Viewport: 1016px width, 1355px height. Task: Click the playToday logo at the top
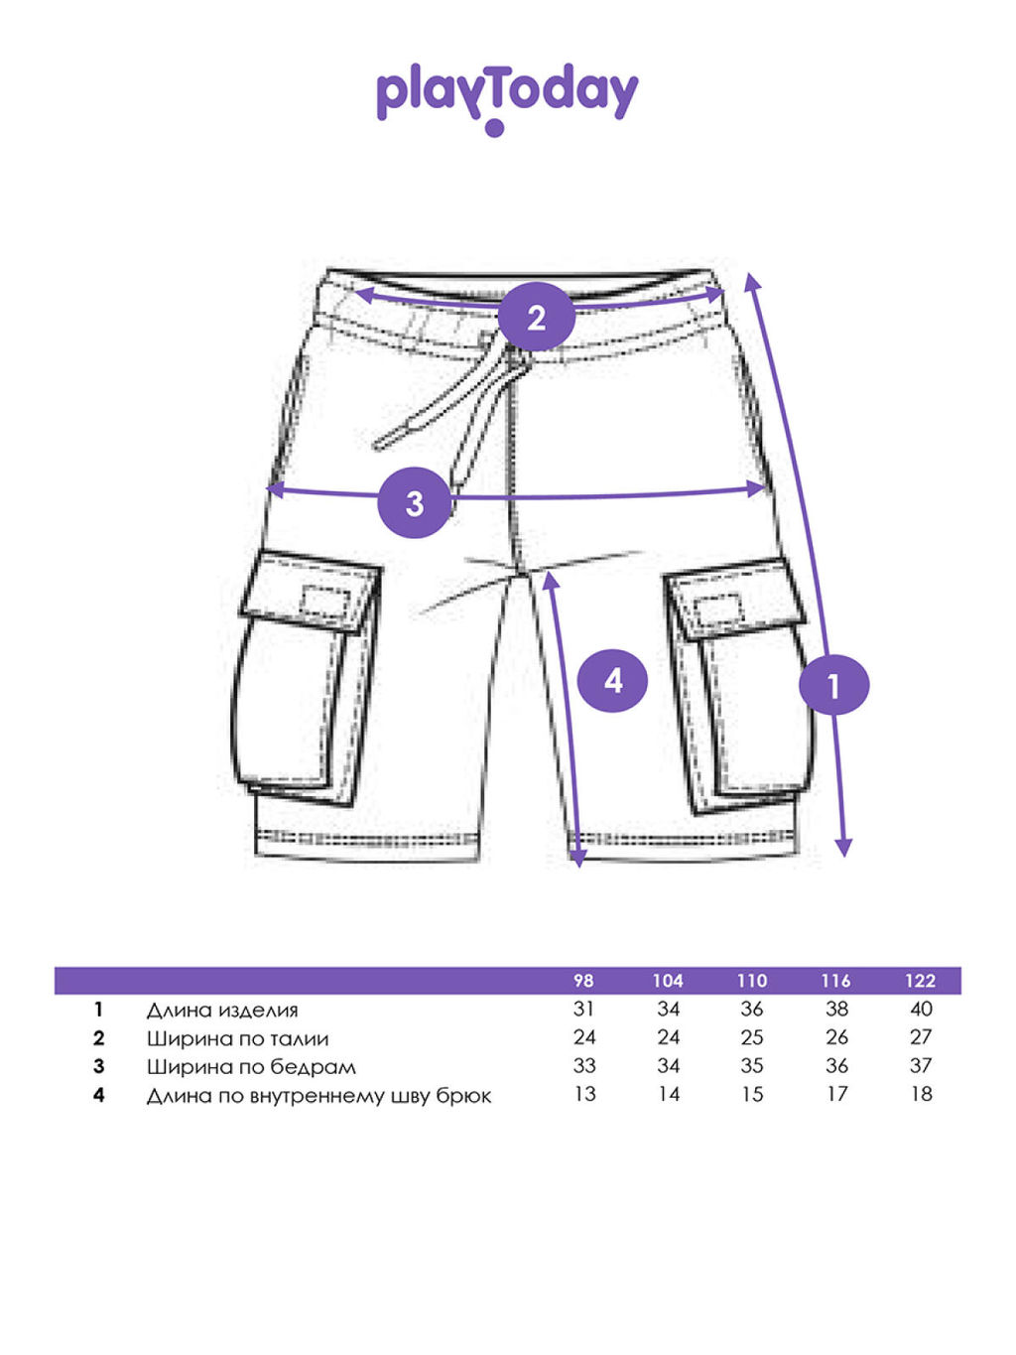pyautogui.click(x=507, y=98)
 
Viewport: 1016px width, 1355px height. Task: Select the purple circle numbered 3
pyautogui.click(x=415, y=502)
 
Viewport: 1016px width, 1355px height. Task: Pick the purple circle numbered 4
pyautogui.click(x=612, y=681)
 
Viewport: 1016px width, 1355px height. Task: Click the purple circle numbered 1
pyautogui.click(x=834, y=685)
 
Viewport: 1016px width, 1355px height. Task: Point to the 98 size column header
pyautogui.click(x=583, y=981)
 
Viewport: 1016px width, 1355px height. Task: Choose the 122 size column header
pyautogui.click(x=921, y=981)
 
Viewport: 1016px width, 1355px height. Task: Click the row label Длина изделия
pyautogui.click(x=222, y=1011)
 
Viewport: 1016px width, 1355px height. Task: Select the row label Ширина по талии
pyautogui.click(x=237, y=1039)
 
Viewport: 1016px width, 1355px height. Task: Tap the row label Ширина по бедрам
pyautogui.click(x=251, y=1067)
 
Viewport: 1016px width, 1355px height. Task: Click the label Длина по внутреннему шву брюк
pyautogui.click(x=318, y=1096)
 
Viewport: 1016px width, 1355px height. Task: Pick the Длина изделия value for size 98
pyautogui.click(x=583, y=1010)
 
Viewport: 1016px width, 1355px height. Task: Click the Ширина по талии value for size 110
pyautogui.click(x=752, y=1037)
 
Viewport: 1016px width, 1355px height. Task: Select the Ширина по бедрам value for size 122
pyautogui.click(x=921, y=1066)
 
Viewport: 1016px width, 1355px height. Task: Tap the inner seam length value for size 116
pyautogui.click(x=836, y=1095)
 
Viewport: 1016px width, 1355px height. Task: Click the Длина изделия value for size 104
pyautogui.click(x=668, y=1010)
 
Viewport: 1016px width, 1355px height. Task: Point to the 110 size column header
pyautogui.click(x=752, y=981)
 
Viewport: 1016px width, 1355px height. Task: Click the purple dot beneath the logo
pyautogui.click(x=495, y=128)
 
